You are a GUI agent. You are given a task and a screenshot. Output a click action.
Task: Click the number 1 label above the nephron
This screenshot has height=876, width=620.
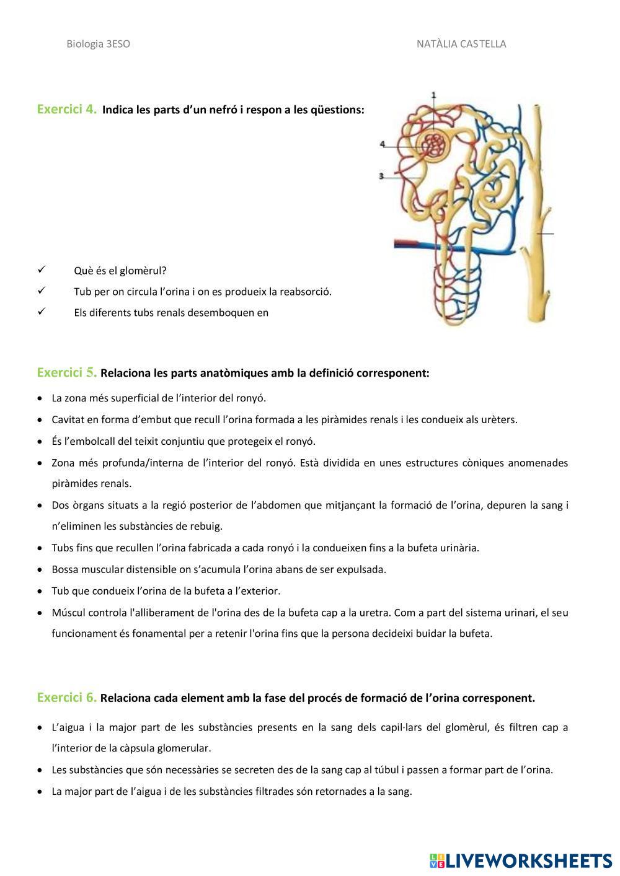[433, 95]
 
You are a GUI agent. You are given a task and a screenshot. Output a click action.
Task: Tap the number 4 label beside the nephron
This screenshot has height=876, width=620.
[383, 144]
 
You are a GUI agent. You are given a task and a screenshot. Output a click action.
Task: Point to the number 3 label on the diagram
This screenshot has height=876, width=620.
[381, 177]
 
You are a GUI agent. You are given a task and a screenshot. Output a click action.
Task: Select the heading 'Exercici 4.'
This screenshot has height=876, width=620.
[67, 110]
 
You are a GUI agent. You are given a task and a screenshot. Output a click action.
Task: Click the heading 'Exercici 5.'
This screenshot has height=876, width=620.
[67, 373]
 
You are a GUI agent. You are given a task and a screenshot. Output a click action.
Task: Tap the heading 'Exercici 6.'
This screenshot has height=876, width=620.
[67, 698]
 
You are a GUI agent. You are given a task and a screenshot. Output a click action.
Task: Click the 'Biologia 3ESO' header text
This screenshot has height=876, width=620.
[98, 44]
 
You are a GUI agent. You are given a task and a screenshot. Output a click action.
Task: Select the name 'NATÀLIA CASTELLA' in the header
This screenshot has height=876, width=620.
[461, 44]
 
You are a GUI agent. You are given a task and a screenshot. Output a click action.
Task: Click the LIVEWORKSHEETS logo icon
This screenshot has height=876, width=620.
[437, 861]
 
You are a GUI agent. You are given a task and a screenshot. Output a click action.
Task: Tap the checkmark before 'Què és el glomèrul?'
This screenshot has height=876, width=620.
[42, 270]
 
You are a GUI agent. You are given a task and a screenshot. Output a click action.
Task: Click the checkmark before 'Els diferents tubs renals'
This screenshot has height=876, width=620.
[42, 312]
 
